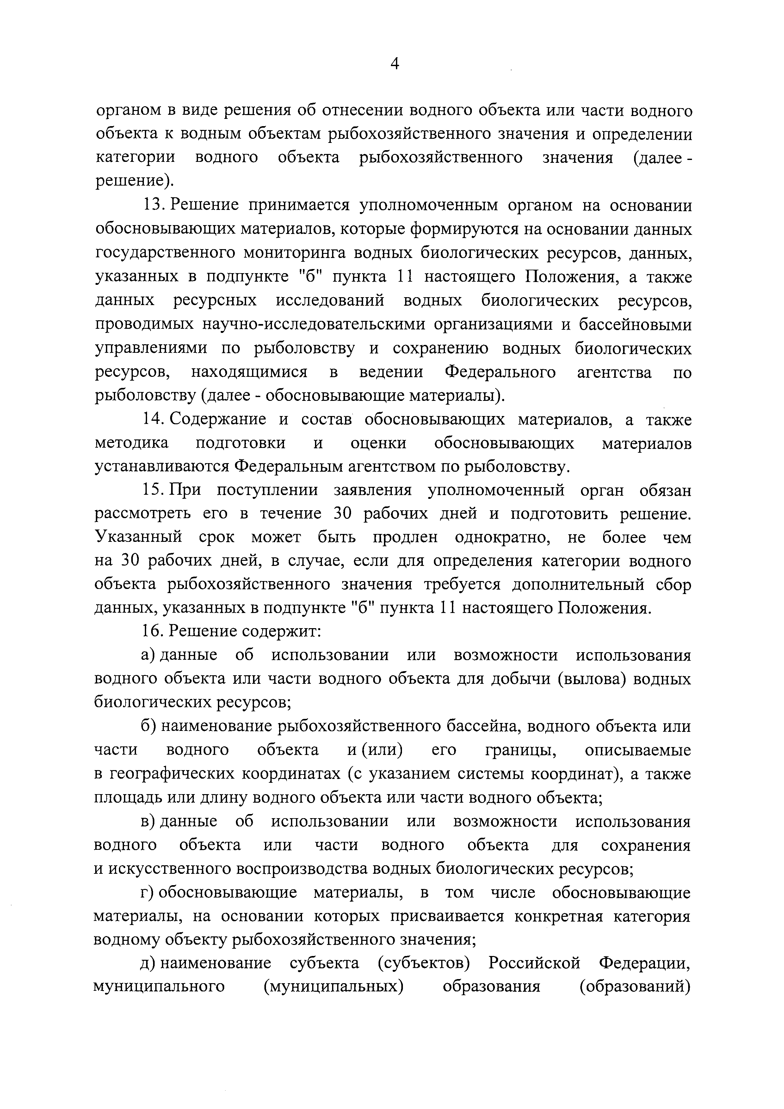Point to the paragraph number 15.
pyautogui.click(x=153, y=491)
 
